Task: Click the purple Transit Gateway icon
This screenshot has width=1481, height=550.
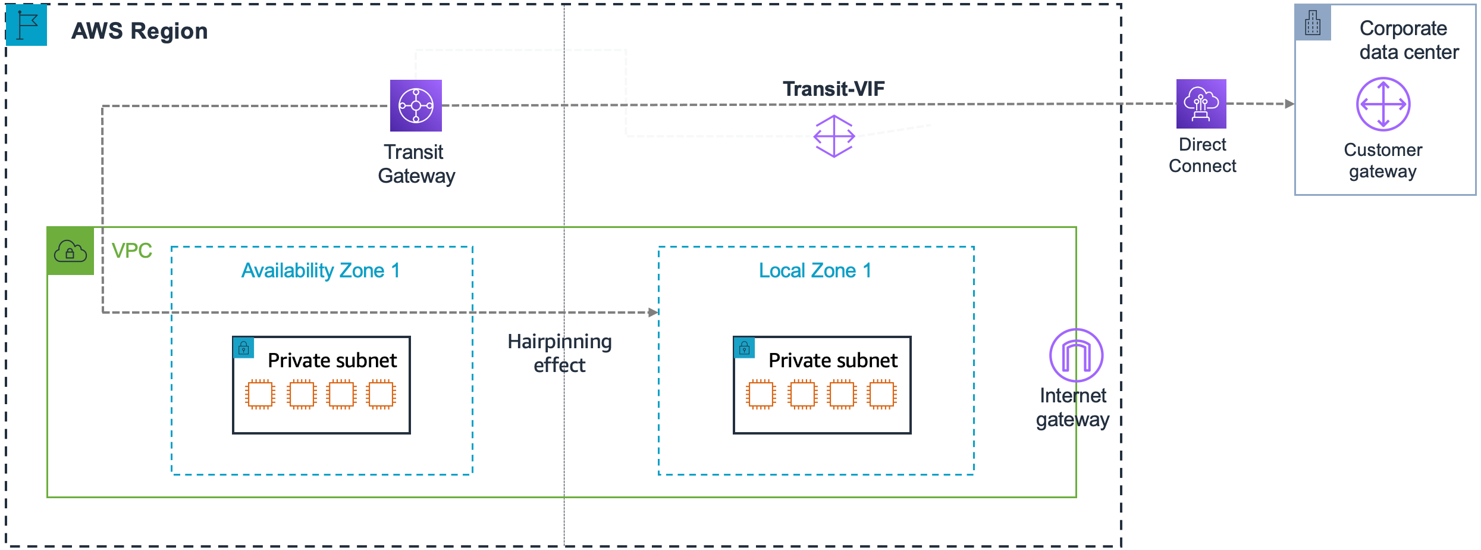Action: (416, 105)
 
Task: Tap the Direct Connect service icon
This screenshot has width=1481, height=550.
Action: (1201, 104)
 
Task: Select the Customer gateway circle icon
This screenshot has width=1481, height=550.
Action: (1383, 104)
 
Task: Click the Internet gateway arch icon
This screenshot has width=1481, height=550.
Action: (1076, 355)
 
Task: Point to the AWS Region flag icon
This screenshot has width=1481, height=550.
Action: (27, 25)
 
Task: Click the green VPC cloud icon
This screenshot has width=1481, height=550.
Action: (70, 251)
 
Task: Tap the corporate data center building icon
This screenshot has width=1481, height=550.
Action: (1313, 23)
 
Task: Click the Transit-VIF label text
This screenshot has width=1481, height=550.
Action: (833, 89)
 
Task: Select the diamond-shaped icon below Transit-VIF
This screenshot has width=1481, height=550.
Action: (834, 136)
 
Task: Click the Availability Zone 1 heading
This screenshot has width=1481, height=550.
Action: (321, 271)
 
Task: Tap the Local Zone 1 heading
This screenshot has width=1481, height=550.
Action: (815, 271)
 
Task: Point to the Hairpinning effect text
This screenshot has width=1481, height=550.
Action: (559, 353)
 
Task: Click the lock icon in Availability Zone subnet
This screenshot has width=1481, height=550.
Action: (244, 348)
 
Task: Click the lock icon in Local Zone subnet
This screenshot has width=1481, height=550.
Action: (745, 348)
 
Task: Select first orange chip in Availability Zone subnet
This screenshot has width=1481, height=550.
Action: (260, 394)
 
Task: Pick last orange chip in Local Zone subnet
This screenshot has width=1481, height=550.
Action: (881, 394)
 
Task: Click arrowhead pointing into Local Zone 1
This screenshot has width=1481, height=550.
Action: (653, 312)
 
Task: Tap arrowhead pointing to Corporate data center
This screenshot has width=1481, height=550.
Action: (1289, 104)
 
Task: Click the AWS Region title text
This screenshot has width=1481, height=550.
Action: (140, 31)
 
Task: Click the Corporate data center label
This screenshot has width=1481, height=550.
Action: (1408, 40)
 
